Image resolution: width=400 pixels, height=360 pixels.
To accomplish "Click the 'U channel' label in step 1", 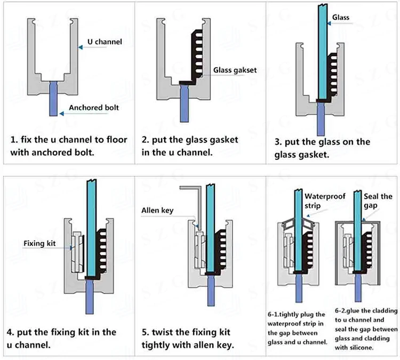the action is pyautogui.click(x=105, y=42).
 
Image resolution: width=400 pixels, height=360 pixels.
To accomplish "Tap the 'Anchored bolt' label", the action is pyautogui.click(x=94, y=107).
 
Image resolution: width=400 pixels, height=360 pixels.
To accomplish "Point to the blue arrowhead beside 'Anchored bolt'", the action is pyautogui.click(x=61, y=114).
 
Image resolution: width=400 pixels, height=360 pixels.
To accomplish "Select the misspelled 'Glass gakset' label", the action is pyautogui.click(x=235, y=70).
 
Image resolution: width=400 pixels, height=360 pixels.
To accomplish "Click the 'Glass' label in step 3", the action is pyautogui.click(x=341, y=18).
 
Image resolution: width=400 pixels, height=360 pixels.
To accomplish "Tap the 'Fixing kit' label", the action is pyautogui.click(x=39, y=243).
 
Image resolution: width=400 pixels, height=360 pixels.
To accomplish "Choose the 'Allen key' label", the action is pyautogui.click(x=157, y=211).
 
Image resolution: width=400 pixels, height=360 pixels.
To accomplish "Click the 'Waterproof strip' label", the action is pyautogui.click(x=325, y=201).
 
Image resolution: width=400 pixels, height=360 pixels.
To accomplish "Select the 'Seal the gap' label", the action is pyautogui.click(x=378, y=201).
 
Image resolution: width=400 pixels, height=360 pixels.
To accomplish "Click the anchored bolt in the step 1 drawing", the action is pyautogui.click(x=53, y=98).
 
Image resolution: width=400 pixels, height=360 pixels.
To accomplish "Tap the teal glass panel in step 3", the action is pyautogui.click(x=323, y=52).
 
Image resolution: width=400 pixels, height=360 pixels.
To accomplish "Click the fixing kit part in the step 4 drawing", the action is pyautogui.click(x=78, y=252).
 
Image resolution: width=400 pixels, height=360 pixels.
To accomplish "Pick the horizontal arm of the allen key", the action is pyautogui.click(x=190, y=188).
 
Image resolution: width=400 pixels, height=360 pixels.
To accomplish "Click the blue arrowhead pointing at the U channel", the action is pyautogui.click(x=81, y=47).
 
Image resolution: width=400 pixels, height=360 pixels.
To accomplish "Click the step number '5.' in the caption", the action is pyautogui.click(x=145, y=332).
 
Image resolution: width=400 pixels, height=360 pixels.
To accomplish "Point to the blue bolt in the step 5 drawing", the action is pyautogui.click(x=211, y=290).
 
